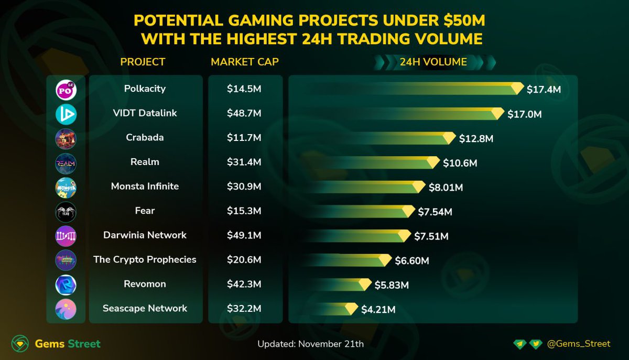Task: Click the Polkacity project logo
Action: (66, 90)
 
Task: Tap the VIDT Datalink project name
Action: (145, 113)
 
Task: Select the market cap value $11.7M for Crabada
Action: (244, 138)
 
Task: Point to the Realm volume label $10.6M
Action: (460, 163)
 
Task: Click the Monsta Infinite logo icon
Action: (66, 187)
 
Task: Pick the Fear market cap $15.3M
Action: (244, 211)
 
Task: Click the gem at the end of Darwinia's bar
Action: (404, 236)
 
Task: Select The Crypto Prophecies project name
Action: (145, 259)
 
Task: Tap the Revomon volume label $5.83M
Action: (392, 285)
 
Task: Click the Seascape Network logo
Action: (66, 309)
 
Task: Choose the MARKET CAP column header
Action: (245, 62)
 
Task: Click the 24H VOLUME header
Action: (433, 62)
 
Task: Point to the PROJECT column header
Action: (143, 62)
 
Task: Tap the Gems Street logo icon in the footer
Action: (20, 344)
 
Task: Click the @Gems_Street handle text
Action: (578, 344)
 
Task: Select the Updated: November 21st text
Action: (310, 344)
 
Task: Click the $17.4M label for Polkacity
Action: (544, 90)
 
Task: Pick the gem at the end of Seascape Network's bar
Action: (352, 309)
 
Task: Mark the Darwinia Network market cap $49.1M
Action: (244, 235)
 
